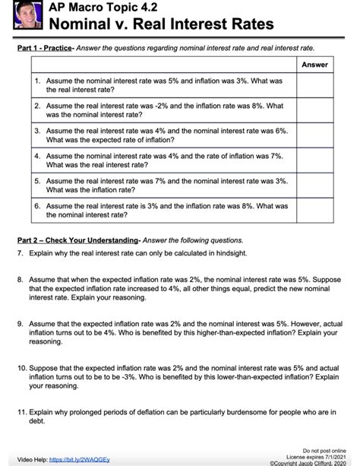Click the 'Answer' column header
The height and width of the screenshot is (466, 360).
pyautogui.click(x=314, y=65)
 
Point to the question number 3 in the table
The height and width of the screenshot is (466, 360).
pyautogui.click(x=37, y=131)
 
